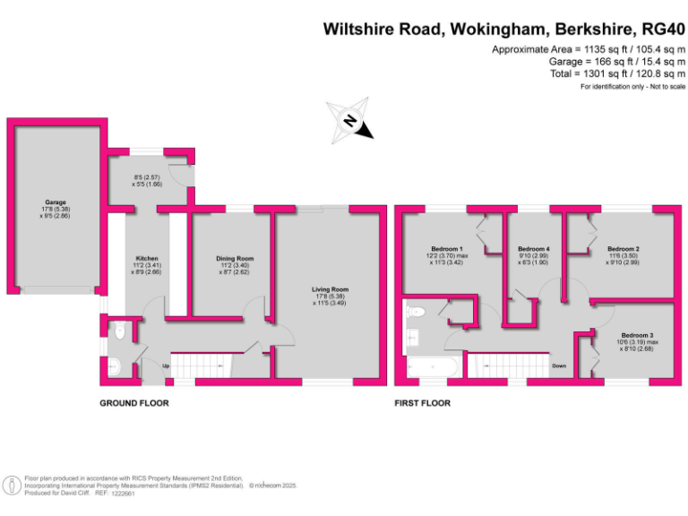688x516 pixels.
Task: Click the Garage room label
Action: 56,202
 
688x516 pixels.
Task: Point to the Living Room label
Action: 330,289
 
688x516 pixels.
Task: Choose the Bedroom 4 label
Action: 533,248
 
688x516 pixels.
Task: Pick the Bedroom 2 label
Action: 623,248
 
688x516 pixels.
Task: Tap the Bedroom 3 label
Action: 638,334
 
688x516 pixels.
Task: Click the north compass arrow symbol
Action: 352,121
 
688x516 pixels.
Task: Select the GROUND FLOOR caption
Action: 133,403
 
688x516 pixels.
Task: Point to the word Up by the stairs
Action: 166,365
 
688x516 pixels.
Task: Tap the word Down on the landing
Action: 559,365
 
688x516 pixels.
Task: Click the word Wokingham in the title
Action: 497,29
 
